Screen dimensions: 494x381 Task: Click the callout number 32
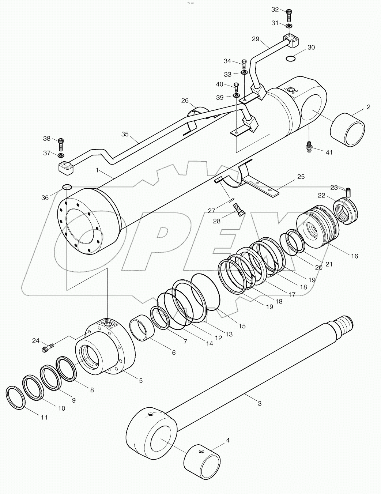coord(275,9)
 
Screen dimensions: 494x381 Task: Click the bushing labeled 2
coord(347,130)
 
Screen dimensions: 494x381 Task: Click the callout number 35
coord(125,134)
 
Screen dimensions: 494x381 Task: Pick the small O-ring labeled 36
coord(67,187)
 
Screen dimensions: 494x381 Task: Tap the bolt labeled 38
coord(61,144)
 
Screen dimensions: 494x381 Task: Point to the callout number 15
coord(242,326)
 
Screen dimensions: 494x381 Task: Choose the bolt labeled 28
coord(239,210)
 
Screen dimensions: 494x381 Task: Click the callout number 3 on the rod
coord(260,404)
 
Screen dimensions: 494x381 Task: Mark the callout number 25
coord(301,177)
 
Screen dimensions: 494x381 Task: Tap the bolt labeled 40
coord(236,87)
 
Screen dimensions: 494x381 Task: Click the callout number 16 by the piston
coord(354,256)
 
